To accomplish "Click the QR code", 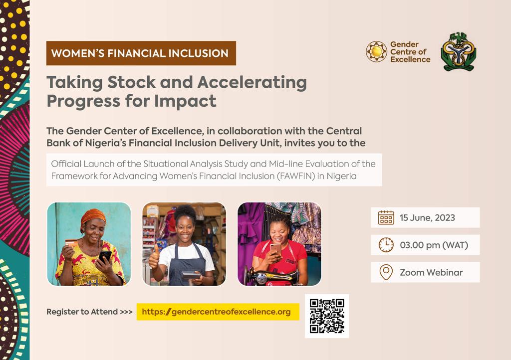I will tap(327, 316).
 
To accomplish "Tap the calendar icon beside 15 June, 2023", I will tap(386, 218).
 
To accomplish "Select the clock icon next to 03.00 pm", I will tap(386, 245).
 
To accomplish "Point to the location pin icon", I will tap(386, 272).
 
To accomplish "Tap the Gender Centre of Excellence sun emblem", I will tap(376, 52).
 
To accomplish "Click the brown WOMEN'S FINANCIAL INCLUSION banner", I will tap(141, 53).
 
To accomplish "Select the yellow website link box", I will tap(218, 312).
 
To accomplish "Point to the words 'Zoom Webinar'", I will tap(431, 272).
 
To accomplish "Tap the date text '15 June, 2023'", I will tap(427, 218).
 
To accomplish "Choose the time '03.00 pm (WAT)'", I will tap(434, 245).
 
